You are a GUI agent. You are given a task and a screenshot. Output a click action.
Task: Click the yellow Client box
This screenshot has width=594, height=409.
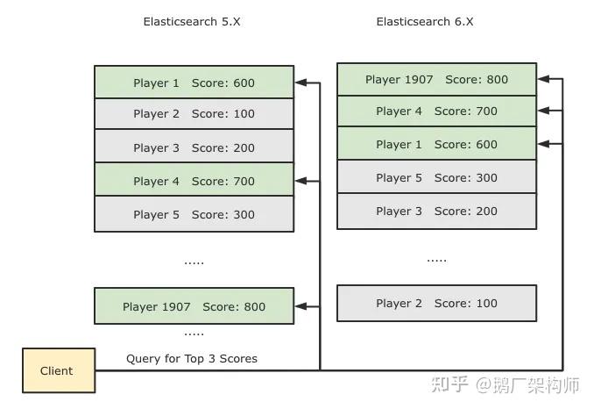[57, 370]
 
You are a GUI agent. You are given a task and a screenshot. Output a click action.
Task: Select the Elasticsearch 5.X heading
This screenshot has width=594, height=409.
[192, 21]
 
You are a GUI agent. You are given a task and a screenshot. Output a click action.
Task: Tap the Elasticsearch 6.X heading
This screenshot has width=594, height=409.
[425, 21]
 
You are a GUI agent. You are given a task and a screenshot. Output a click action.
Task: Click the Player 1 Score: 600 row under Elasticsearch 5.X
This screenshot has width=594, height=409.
[194, 83]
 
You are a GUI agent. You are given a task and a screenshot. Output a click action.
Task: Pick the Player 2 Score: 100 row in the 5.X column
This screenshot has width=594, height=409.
[194, 113]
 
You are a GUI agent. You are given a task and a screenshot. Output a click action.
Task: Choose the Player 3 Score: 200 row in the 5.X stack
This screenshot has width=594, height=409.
[194, 147]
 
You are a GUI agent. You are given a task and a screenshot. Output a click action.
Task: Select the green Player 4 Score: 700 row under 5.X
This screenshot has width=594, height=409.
[194, 181]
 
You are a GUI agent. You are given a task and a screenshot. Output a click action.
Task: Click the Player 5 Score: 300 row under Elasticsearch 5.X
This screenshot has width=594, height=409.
[194, 214]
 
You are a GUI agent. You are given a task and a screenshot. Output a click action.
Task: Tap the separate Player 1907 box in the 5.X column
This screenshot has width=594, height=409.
[194, 306]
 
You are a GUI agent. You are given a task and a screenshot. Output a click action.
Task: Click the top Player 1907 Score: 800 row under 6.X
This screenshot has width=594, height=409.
[436, 79]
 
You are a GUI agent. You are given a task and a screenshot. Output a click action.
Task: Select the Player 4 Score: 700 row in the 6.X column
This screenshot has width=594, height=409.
[436, 111]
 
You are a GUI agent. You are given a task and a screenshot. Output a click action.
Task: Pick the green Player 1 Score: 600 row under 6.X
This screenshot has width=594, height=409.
[436, 144]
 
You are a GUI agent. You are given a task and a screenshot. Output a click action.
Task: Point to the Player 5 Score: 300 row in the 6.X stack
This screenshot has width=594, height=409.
[436, 177]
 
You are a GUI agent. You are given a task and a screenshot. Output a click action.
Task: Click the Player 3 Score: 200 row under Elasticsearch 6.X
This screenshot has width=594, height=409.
[436, 211]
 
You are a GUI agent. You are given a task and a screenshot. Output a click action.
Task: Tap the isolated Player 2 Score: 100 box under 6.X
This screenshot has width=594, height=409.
[436, 303]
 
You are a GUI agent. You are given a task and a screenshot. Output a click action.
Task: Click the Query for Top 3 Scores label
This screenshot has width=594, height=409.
[192, 358]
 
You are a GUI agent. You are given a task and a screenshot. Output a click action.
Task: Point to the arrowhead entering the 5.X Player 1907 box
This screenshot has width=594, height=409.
[301, 306]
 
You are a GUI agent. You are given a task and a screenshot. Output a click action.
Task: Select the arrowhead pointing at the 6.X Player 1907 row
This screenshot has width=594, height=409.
[544, 79]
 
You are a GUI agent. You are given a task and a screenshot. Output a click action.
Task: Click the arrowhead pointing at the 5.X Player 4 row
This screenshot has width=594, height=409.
[301, 181]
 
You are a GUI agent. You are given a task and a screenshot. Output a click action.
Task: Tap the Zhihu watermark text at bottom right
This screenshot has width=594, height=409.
[515, 384]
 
